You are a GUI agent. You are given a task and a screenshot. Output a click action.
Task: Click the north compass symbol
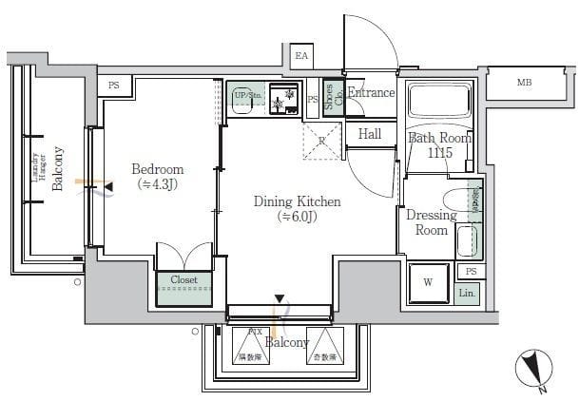[532, 371]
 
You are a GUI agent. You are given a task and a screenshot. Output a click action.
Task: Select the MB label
[524, 83]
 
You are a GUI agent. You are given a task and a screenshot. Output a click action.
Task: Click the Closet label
[184, 280]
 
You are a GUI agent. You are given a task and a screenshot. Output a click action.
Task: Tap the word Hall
[370, 134]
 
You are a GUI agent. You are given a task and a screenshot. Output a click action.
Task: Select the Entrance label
[371, 93]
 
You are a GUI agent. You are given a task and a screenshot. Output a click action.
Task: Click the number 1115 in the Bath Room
[439, 153]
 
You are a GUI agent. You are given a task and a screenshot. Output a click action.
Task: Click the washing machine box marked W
[428, 281]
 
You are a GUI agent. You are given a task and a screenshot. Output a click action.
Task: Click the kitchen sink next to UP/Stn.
[281, 99]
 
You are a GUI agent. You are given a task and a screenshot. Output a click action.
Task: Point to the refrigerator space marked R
[321, 142]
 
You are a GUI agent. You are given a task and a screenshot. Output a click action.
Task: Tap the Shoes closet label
[331, 97]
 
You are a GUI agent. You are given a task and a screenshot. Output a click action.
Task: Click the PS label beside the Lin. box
[470, 272]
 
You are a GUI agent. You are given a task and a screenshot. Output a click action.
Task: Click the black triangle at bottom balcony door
[279, 299]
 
